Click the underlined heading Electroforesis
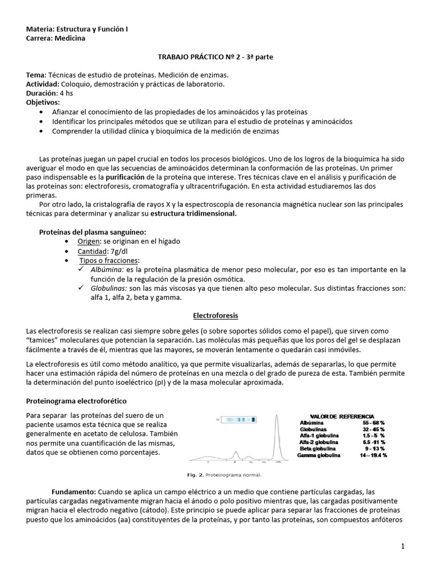pyautogui.click(x=215, y=316)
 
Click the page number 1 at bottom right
pyautogui.click(x=418, y=546)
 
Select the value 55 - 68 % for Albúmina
pyautogui.click(x=374, y=422)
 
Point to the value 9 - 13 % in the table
pyautogui.click(x=374, y=449)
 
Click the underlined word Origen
pyautogui.click(x=88, y=241)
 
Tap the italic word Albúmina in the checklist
pyautogui.click(x=107, y=270)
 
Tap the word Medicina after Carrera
pyautogui.click(x=71, y=38)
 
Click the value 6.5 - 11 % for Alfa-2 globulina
pyautogui.click(x=373, y=442)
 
